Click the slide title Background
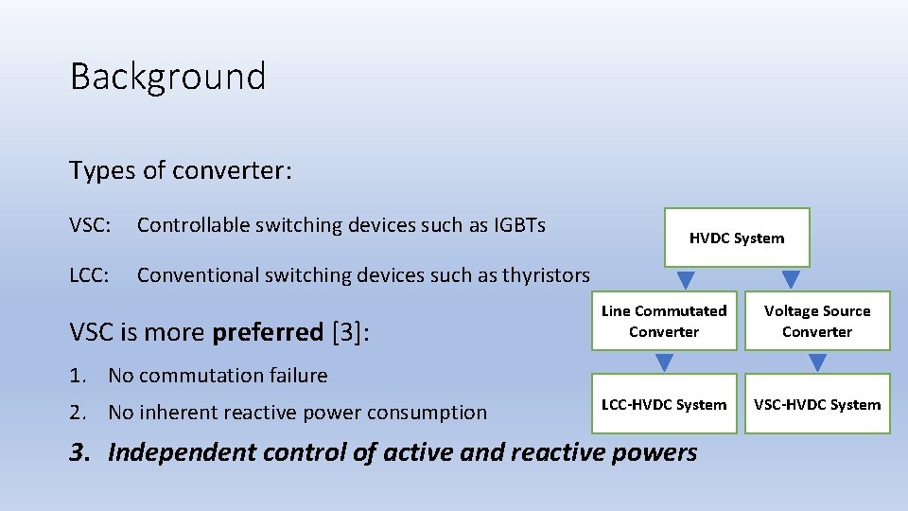pos(167,77)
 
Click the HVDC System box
pos(737,238)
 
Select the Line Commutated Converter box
pos(664,321)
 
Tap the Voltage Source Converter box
pos(817,321)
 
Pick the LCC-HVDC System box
pos(664,404)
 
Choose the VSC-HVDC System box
pos(817,404)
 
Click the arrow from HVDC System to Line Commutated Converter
pos(687,280)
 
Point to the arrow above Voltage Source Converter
pos(791,280)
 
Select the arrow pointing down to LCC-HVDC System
pos(665,362)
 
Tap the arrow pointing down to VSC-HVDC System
pos(818,362)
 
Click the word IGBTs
pos(520,225)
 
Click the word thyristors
pos(547,275)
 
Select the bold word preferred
pos(268,332)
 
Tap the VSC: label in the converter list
pos(91,225)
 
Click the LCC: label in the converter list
pos(90,275)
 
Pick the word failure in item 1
pos(295,376)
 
